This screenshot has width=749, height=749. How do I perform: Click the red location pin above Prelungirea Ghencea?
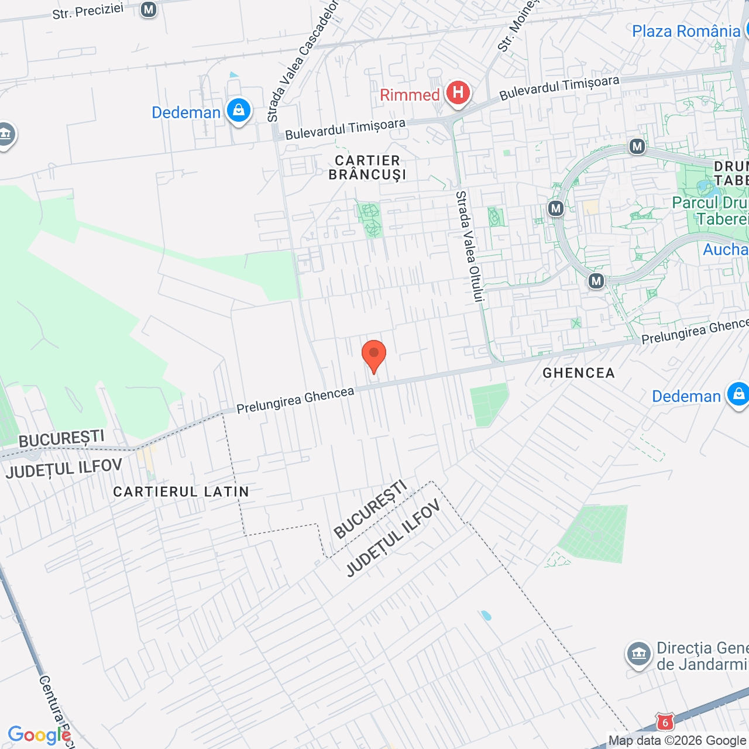[x=374, y=355]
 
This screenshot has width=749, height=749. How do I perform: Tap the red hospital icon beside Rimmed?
[x=458, y=93]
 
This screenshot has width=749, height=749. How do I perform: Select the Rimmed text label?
[x=410, y=95]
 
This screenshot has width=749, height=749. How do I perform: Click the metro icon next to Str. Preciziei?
[x=149, y=9]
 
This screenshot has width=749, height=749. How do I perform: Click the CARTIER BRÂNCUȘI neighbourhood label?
[x=367, y=167]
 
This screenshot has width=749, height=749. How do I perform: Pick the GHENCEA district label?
[x=578, y=373]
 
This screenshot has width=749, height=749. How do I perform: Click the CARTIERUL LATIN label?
[x=181, y=492]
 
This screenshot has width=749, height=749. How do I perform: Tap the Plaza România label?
[x=686, y=31]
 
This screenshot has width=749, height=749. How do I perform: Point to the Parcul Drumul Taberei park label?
[x=710, y=211]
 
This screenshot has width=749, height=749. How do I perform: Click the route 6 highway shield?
[x=665, y=723]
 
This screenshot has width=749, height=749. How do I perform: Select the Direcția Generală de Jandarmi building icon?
[x=638, y=655]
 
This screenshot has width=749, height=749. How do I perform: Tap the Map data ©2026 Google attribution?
[x=677, y=741]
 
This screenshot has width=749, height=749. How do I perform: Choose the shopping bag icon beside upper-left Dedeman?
[x=238, y=110]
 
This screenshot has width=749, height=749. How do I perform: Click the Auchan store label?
[x=726, y=250]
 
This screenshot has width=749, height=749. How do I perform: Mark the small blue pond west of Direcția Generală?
[x=486, y=616]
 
